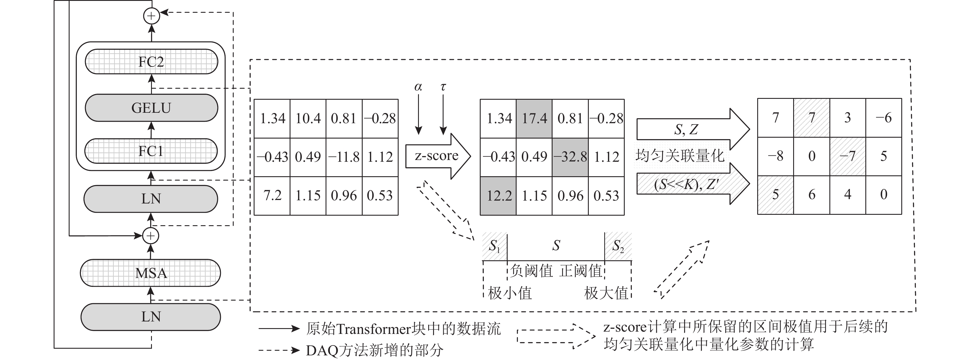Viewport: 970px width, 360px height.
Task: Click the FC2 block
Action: point(151,61)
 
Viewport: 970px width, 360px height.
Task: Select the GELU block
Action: point(151,108)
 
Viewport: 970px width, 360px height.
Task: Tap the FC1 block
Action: point(151,151)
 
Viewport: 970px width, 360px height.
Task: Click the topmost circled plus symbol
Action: point(151,16)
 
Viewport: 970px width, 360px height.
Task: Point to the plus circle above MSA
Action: point(151,236)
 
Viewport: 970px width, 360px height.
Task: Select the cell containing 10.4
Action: point(308,119)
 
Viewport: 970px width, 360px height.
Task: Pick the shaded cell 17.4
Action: point(534,119)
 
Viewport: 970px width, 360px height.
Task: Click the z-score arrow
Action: point(437,156)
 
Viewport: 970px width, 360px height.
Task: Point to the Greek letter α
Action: point(418,87)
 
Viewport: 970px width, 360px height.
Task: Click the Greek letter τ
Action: point(443,87)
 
